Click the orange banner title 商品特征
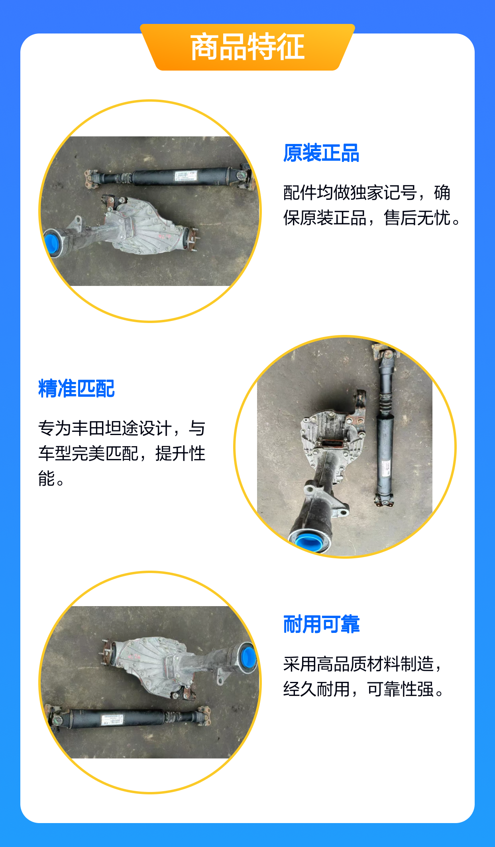pyautogui.click(x=247, y=47)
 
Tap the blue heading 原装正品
pyautogui.click(x=321, y=153)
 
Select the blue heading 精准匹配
pyautogui.click(x=77, y=388)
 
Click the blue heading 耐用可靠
pyautogui.click(x=321, y=624)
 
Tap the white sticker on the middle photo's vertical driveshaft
pyautogui.click(x=385, y=467)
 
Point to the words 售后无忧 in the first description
pyautogui.click(x=417, y=218)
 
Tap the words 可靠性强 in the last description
pyautogui.click(x=400, y=689)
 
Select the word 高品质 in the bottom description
pyautogui.click(x=342, y=664)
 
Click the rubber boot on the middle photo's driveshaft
pyautogui.click(x=385, y=404)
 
